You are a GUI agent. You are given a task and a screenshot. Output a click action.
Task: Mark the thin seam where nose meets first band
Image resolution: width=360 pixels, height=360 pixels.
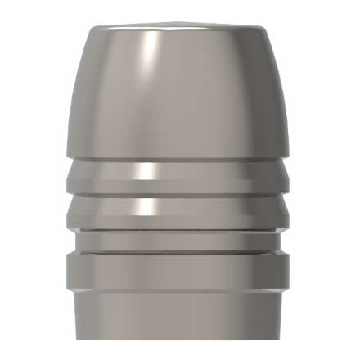coord(180,158)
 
